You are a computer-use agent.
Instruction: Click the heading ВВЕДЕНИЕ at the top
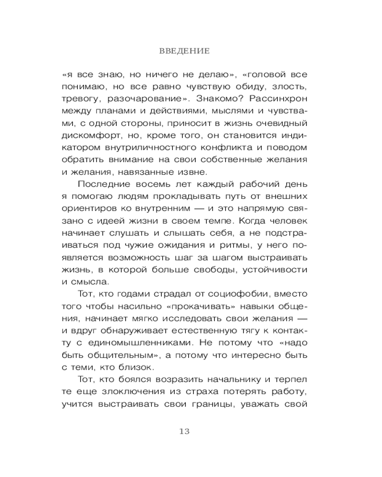[191, 50]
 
